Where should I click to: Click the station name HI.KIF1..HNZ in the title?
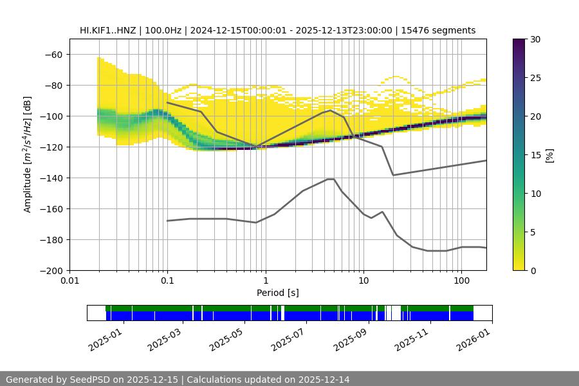(x=107, y=30)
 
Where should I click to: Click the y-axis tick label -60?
(x=53, y=55)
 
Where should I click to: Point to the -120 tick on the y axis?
(x=51, y=147)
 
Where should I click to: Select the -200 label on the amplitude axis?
(x=51, y=271)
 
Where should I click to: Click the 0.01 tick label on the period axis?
(x=69, y=281)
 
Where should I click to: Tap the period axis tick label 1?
(x=265, y=281)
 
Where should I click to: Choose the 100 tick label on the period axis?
(x=461, y=281)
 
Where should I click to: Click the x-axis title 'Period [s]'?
(x=278, y=293)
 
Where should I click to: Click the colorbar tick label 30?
(x=535, y=39)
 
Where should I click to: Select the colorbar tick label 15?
(x=535, y=155)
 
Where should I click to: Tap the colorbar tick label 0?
(x=533, y=271)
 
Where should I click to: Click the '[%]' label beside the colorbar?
(x=549, y=155)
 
